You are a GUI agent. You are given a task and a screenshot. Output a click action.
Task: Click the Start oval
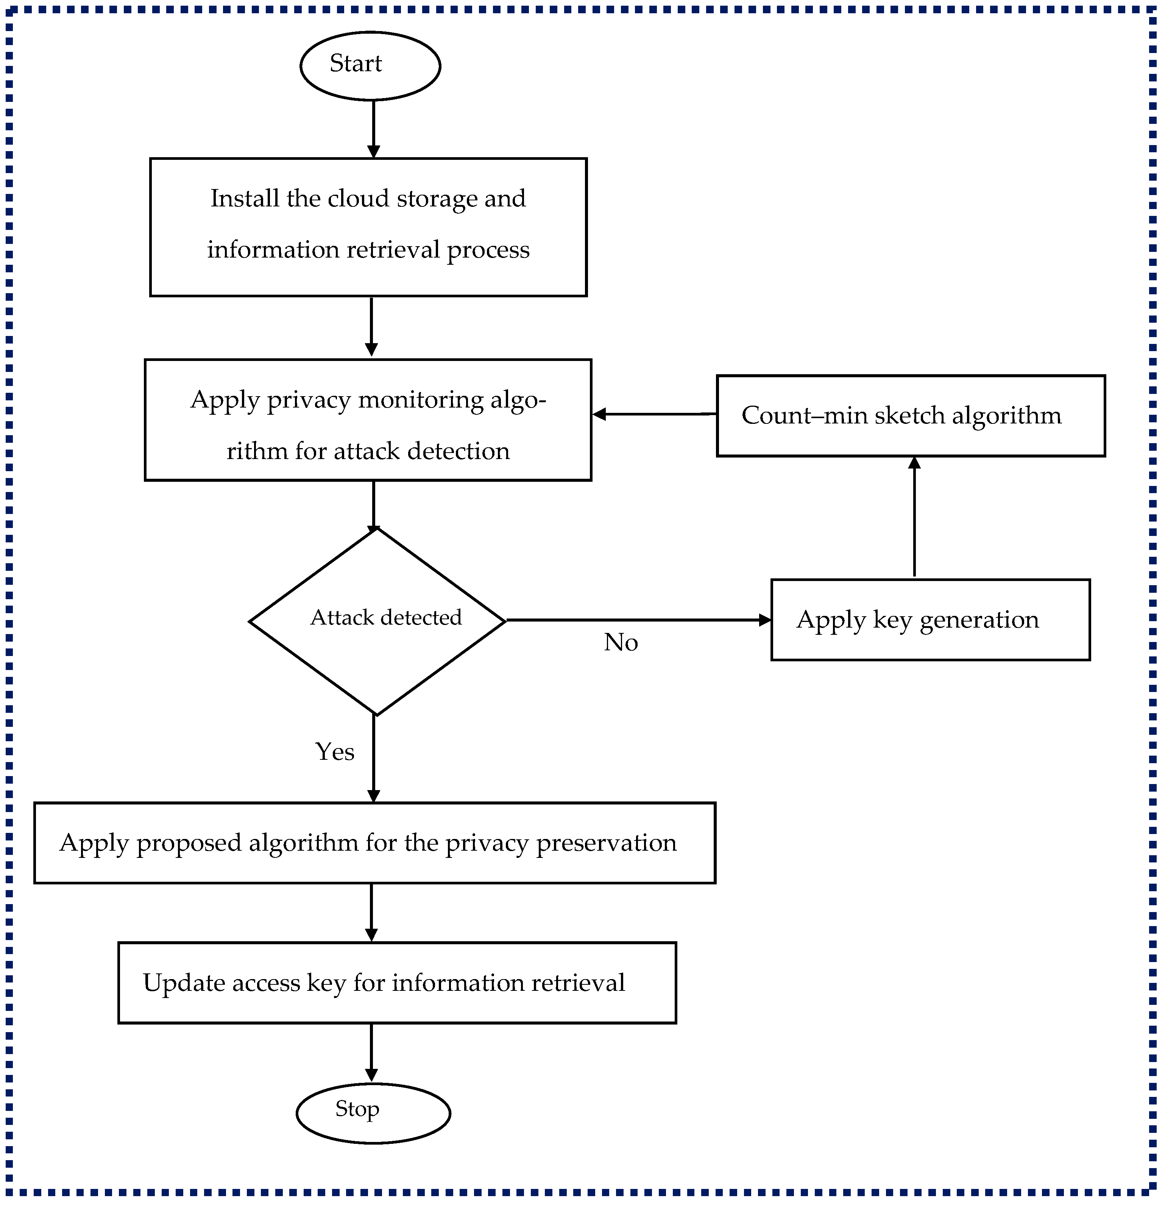point(370,66)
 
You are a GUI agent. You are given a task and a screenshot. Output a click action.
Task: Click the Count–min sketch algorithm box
point(910,416)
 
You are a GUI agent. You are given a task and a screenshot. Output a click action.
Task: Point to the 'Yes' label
point(334,751)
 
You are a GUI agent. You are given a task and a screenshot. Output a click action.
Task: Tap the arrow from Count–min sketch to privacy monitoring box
point(654,414)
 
